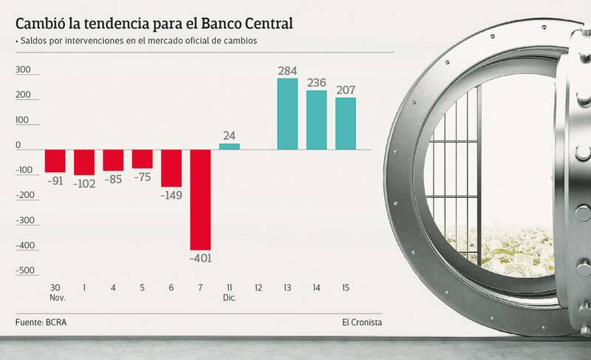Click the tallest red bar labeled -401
click(x=200, y=200)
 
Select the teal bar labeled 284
click(x=287, y=113)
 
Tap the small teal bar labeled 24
click(x=229, y=146)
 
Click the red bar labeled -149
click(x=171, y=168)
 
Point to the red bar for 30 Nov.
click(x=55, y=160)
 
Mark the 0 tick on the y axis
click(x=29, y=146)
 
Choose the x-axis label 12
click(x=259, y=287)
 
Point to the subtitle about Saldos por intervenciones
click(x=137, y=41)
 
